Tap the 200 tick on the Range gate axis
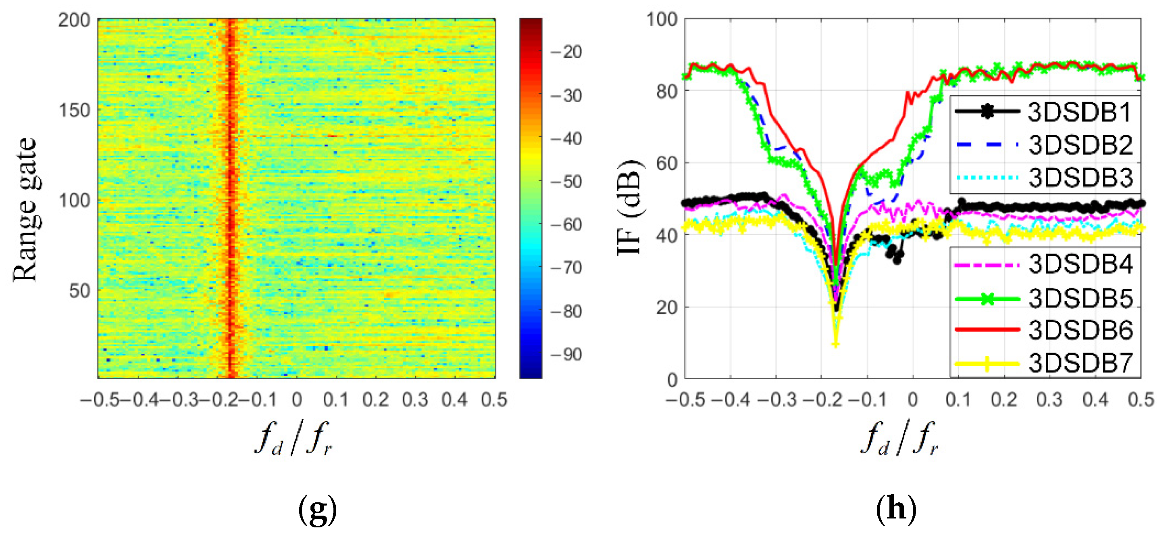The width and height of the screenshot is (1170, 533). click(74, 20)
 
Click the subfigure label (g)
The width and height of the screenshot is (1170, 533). click(317, 509)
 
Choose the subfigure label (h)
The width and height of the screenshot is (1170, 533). click(896, 509)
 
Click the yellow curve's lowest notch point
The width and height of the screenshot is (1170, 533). click(835, 344)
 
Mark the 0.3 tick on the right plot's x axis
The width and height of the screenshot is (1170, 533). click(1049, 400)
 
